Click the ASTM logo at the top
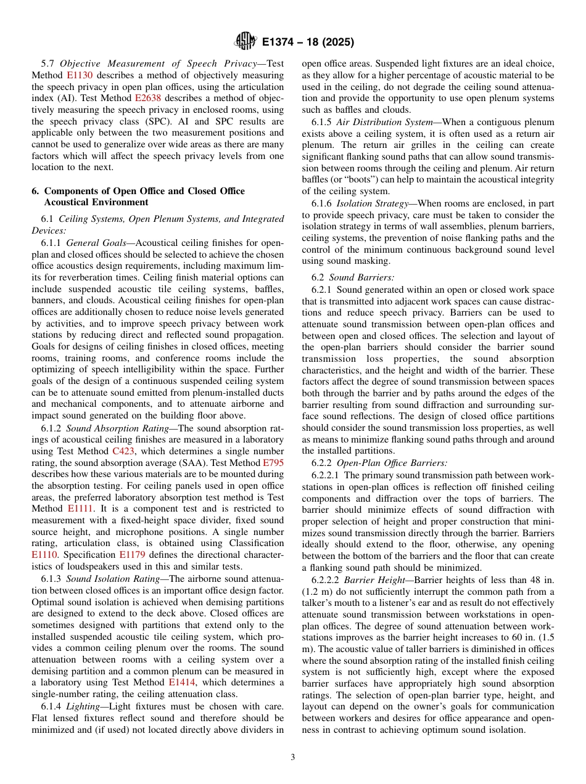point(246,42)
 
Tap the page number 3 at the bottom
point(293,757)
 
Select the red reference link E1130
point(78,75)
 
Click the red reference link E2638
point(147,98)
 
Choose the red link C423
point(122,451)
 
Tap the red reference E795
point(274,463)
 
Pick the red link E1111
point(80,508)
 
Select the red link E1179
point(131,555)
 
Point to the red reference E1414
point(181,682)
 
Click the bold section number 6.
point(35,191)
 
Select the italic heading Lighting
point(83,706)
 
